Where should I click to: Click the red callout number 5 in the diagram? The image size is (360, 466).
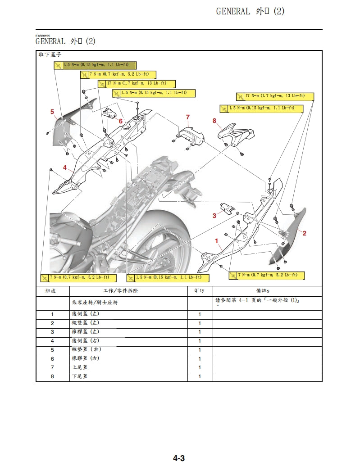[52, 112]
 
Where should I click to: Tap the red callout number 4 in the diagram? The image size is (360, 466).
[65, 167]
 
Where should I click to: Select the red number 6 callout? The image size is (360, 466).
[121, 121]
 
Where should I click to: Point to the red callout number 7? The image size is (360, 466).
[188, 117]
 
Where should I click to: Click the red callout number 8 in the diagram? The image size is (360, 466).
[214, 121]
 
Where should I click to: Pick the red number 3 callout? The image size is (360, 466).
[214, 216]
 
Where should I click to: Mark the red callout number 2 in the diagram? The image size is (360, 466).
[305, 233]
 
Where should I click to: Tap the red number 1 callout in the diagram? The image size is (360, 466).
[217, 241]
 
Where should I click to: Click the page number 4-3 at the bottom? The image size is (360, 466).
[179, 458]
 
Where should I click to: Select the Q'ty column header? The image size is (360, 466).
[200, 291]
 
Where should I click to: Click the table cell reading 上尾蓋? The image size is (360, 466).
[80, 368]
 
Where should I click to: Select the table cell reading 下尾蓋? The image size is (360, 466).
[80, 376]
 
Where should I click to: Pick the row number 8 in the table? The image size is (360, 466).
[52, 376]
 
